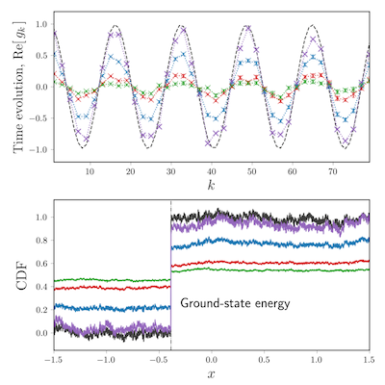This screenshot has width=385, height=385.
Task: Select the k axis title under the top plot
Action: (x=211, y=185)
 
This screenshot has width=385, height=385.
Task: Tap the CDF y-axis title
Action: (x=22, y=277)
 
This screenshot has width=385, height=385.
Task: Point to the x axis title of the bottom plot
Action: (x=212, y=373)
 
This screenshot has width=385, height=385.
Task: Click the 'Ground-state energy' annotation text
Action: (x=235, y=303)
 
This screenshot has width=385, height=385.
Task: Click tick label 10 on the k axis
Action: (x=90, y=172)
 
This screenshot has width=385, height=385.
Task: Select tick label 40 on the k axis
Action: (x=212, y=172)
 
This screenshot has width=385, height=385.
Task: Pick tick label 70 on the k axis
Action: (x=333, y=172)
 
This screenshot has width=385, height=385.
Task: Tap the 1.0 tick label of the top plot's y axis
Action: (x=41, y=24)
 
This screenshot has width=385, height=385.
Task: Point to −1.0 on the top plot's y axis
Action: (x=38, y=149)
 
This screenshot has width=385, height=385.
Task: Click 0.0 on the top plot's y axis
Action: (x=41, y=87)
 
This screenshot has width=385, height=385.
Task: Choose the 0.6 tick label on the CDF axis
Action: (x=41, y=264)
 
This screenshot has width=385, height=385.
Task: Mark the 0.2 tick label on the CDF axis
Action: (x=41, y=310)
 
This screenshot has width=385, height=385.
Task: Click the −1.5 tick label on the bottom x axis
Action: (x=54, y=360)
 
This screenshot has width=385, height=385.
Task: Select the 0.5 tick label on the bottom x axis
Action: (x=264, y=360)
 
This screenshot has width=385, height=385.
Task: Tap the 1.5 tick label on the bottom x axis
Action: (x=369, y=360)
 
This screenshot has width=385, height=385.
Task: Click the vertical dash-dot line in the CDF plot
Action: (x=170, y=275)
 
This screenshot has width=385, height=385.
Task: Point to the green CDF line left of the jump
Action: (x=112, y=280)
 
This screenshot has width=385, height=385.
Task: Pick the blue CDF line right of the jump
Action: (x=270, y=244)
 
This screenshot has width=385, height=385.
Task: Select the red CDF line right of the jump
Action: (x=270, y=263)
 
